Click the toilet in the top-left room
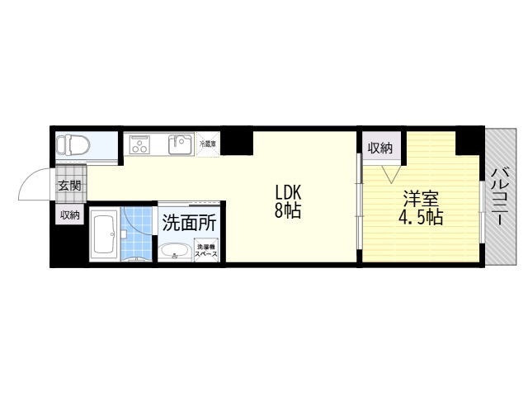pyautogui.click(x=73, y=146)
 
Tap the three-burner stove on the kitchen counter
pyautogui.click(x=139, y=146)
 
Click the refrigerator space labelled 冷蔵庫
pyautogui.click(x=209, y=144)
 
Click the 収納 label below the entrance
pyautogui.click(x=69, y=214)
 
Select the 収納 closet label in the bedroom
pyautogui.click(x=379, y=148)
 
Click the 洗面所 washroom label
pyautogui.click(x=189, y=222)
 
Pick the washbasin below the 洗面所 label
pyautogui.click(x=174, y=251)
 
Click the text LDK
pyautogui.click(x=288, y=192)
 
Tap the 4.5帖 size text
pyautogui.click(x=420, y=219)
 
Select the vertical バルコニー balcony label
pyautogui.click(x=500, y=198)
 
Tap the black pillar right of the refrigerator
pyautogui.click(x=238, y=142)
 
